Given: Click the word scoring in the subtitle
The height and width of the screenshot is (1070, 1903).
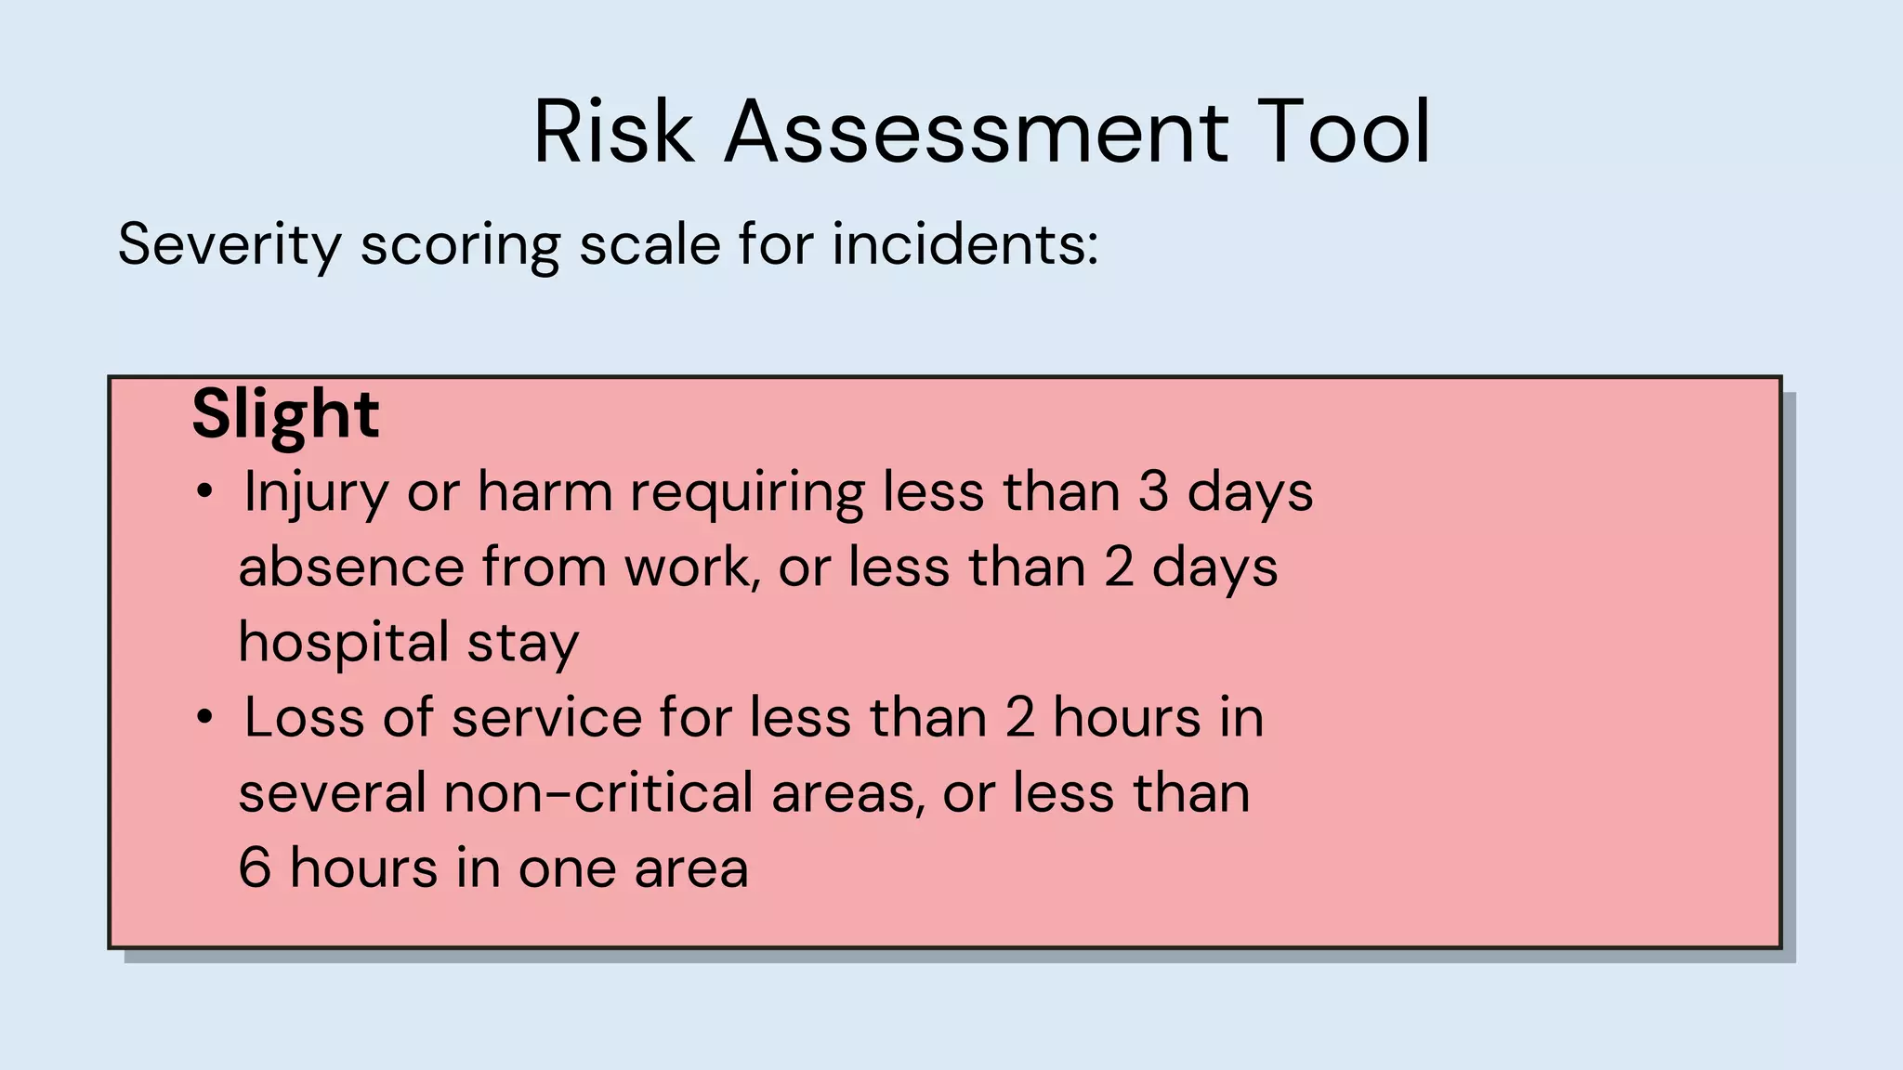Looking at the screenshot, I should coord(460,245).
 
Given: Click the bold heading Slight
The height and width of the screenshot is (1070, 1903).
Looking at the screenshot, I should coord(285,414).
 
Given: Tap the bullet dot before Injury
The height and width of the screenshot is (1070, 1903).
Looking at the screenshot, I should coord(205,491).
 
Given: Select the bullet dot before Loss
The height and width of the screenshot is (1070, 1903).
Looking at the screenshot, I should coord(205,718).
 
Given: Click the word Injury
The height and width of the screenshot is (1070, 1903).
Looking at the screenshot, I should coord(316,492).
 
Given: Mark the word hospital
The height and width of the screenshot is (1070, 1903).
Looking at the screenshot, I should coord(344,643).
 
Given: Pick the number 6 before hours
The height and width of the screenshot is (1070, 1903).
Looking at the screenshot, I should coord(255,868).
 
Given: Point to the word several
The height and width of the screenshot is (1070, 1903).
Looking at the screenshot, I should coord(333,793).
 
